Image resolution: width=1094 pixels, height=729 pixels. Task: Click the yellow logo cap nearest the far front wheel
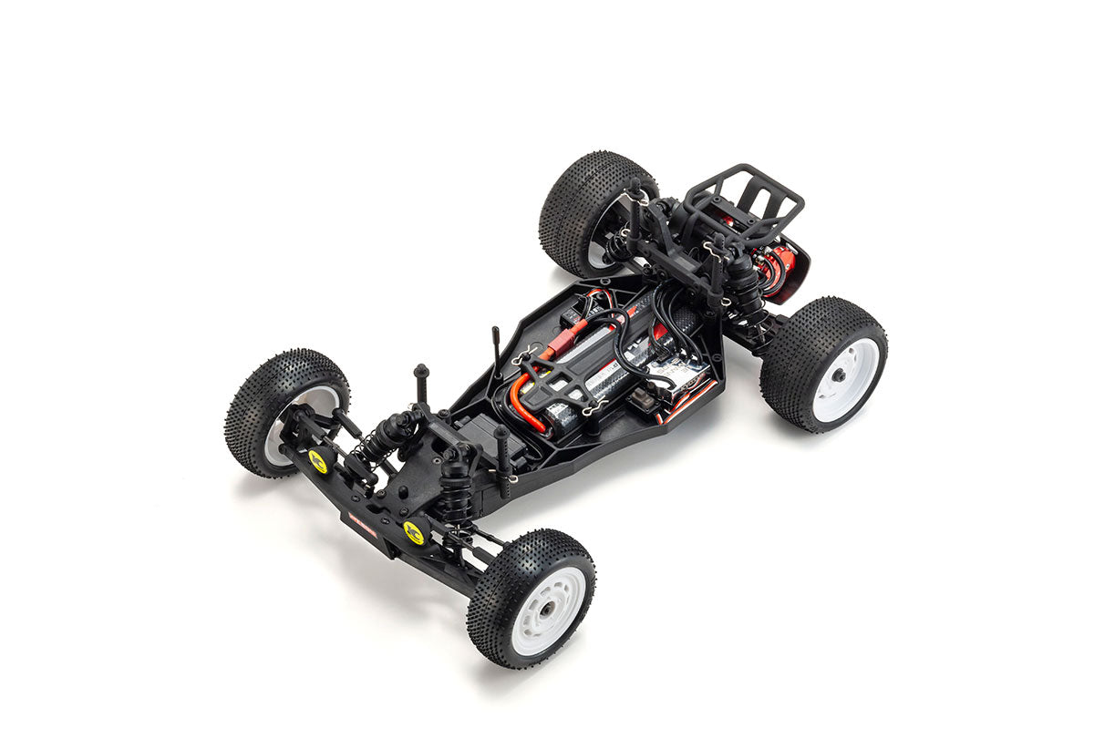coord(317,462)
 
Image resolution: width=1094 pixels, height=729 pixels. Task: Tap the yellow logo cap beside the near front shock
coord(414,531)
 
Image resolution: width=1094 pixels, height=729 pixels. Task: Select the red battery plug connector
coord(555,350)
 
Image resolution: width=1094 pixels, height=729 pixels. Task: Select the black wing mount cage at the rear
coord(743,205)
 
